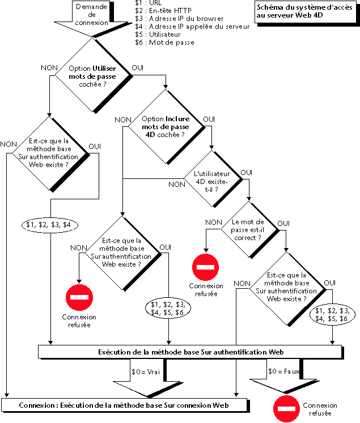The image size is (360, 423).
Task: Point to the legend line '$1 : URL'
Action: pyautogui.click(x=146, y=3)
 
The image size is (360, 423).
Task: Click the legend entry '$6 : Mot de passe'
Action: pyautogui.click(x=164, y=42)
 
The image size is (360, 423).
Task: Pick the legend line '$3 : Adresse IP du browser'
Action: pyautogui.click(x=178, y=19)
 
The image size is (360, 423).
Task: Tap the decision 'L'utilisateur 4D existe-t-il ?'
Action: pyautogui.click(x=210, y=180)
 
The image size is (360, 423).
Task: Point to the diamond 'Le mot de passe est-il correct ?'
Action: pyautogui.click(x=248, y=229)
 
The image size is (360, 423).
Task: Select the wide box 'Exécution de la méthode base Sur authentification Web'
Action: pyautogui.click(x=198, y=352)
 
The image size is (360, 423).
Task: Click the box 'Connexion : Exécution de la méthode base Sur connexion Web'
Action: pyautogui.click(x=124, y=405)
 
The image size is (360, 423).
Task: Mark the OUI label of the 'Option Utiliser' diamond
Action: pyautogui.click(x=138, y=68)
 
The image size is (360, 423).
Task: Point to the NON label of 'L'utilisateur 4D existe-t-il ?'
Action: pyautogui.click(x=176, y=185)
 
